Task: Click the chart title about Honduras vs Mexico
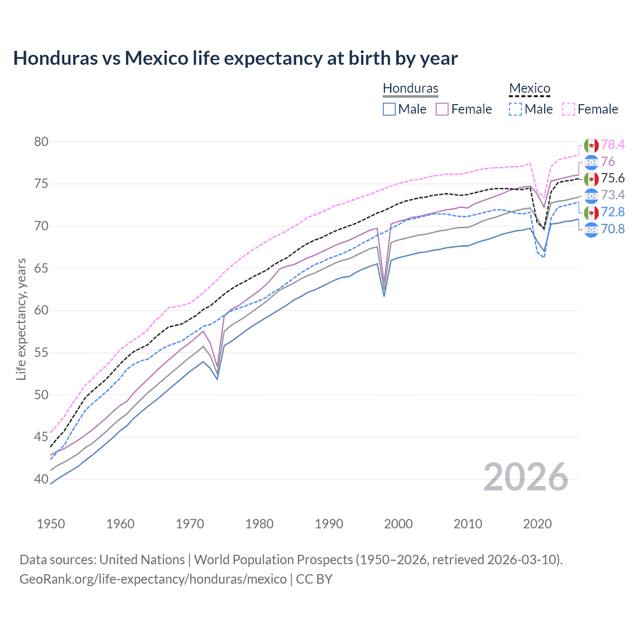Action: [x=235, y=58]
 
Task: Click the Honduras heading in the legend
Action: [x=410, y=88]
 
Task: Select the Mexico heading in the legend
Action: [x=529, y=88]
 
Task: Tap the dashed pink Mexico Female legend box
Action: [x=569, y=109]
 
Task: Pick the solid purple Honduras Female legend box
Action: [x=442, y=109]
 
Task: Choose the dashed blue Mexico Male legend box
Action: [x=515, y=109]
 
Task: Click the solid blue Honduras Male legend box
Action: [x=389, y=109]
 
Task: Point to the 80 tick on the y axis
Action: [x=41, y=142]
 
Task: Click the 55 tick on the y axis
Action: [x=41, y=353]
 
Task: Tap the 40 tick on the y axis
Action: [x=41, y=479]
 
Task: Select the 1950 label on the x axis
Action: [x=51, y=524]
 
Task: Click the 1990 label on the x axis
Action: [x=329, y=524]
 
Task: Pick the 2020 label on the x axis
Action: [x=537, y=524]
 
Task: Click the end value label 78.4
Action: [x=613, y=145]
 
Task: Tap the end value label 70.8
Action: [x=613, y=229]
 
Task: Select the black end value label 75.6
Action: [x=613, y=178]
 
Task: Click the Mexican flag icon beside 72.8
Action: [x=591, y=212]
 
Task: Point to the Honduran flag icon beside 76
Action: [x=591, y=162]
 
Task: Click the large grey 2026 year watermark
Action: [x=526, y=477]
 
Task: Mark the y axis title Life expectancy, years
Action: [x=21, y=319]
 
